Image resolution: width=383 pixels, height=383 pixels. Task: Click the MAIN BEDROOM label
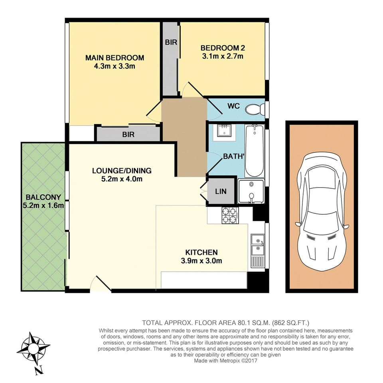(x=115, y=58)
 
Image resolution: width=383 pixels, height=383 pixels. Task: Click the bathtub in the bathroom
(x=254, y=150)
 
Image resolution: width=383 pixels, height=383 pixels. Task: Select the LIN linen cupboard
(x=221, y=191)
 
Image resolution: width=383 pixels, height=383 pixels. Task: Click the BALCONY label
(x=43, y=197)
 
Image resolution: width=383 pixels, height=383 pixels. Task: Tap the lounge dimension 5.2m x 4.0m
(x=122, y=179)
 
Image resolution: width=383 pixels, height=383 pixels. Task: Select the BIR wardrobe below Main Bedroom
(x=128, y=135)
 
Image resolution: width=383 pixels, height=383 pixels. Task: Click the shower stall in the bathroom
(x=251, y=191)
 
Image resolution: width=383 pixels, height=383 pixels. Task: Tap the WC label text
(x=233, y=107)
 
